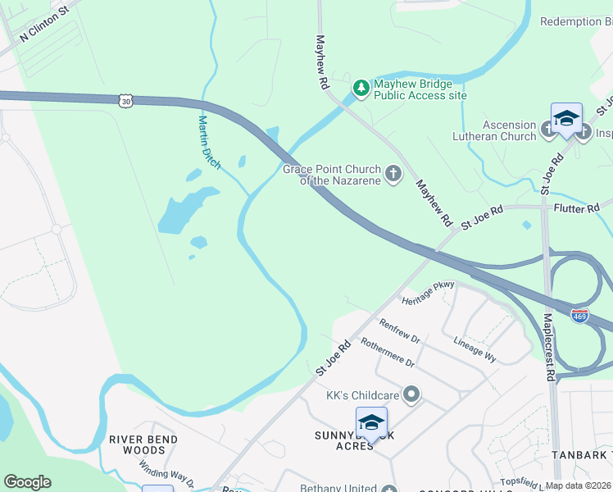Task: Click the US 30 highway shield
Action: (125, 100)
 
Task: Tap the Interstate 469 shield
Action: (580, 316)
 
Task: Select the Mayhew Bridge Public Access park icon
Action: (360, 86)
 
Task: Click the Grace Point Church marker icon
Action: (394, 173)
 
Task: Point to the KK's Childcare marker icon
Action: (412, 395)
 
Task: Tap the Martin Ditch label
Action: (209, 142)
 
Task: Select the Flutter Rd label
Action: (576, 209)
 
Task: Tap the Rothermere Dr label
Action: (388, 353)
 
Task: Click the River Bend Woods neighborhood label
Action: (143, 444)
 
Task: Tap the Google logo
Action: (27, 482)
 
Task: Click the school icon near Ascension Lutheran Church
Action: (566, 120)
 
